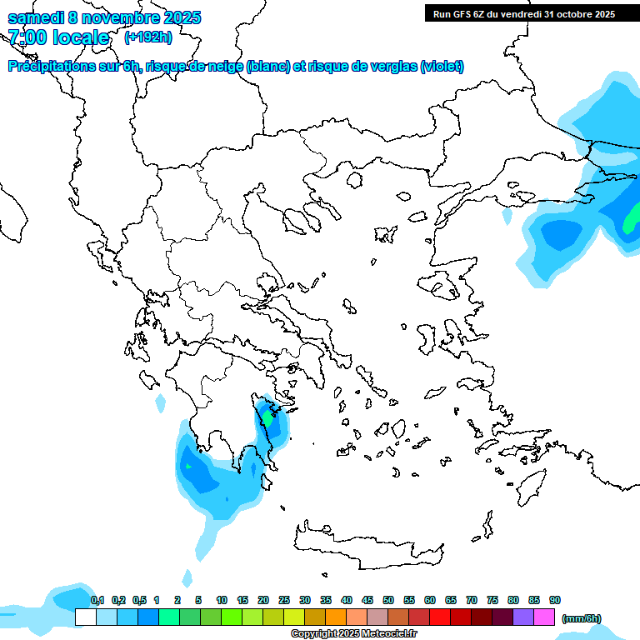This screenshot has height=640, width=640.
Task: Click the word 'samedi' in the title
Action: click(32, 17)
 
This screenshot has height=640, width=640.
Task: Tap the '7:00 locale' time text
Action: click(58, 37)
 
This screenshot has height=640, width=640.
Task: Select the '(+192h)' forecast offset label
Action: click(148, 37)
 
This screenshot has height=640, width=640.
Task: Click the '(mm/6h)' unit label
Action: click(582, 618)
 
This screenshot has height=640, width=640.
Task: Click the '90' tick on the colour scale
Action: click(555, 600)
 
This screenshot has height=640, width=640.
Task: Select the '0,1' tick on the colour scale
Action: click(97, 600)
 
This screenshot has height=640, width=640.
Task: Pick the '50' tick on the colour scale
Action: click(388, 600)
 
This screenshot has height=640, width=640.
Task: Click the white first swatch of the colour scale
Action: click(85, 617)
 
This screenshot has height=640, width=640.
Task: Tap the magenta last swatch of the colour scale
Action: click(544, 617)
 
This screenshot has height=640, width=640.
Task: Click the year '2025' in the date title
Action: click(179, 17)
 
